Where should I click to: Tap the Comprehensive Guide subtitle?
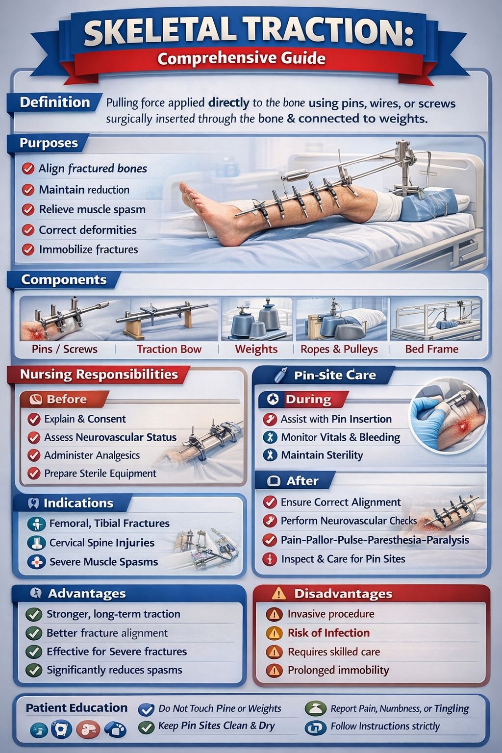[x=241, y=58]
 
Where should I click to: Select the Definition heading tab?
[x=55, y=102]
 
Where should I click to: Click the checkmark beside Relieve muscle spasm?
[x=28, y=209]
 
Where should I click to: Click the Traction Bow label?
[x=169, y=349]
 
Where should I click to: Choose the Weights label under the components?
[x=256, y=349]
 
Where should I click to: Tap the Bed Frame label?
[x=432, y=349]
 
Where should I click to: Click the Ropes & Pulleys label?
[x=339, y=349]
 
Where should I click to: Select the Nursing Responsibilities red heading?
[x=99, y=374]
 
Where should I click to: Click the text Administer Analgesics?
[x=92, y=455]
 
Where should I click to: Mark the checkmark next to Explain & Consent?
[x=34, y=419]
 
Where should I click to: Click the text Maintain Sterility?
[x=322, y=455]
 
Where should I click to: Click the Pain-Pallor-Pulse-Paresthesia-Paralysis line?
[x=375, y=540]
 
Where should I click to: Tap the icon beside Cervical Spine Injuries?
[x=36, y=543]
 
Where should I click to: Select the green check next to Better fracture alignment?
[x=34, y=633]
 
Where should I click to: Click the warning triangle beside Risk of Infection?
[x=274, y=633]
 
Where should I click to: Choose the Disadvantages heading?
[x=343, y=594]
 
